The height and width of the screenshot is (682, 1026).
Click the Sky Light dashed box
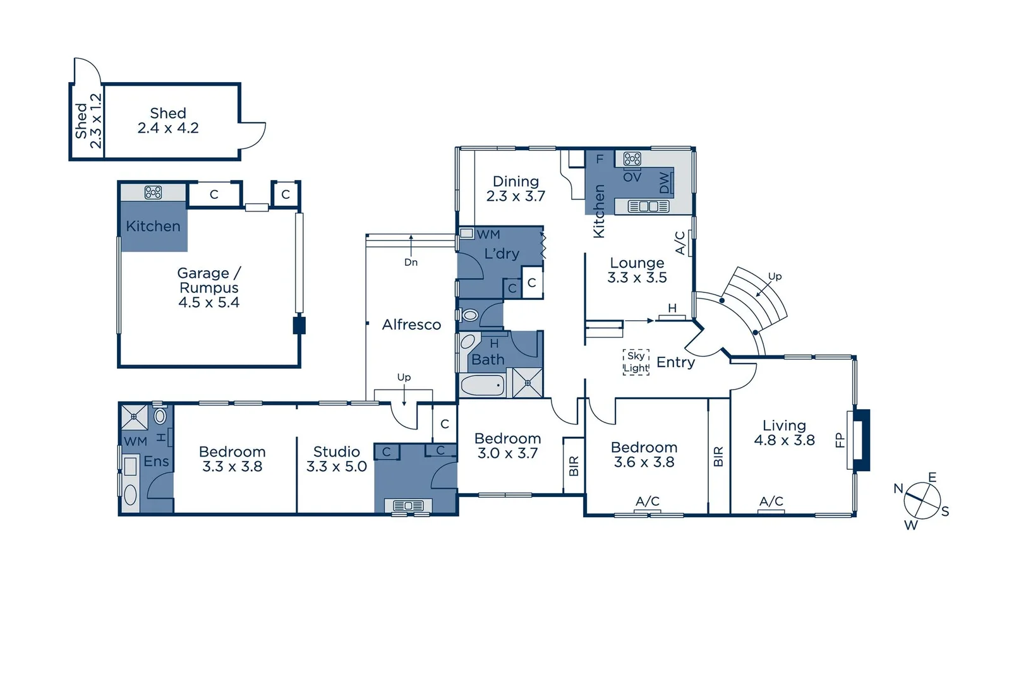[x=636, y=362]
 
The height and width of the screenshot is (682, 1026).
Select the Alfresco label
[x=411, y=325]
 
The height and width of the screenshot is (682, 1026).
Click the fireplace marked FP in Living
[x=860, y=440]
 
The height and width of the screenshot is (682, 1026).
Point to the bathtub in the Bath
[x=482, y=385]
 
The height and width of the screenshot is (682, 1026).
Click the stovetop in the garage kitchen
[x=153, y=192]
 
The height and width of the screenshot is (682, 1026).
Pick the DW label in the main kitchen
[x=664, y=182]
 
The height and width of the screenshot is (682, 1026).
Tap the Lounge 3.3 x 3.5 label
[x=637, y=270]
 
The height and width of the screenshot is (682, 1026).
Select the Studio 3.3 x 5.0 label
[x=336, y=459]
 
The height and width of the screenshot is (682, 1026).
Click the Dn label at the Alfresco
[x=411, y=262]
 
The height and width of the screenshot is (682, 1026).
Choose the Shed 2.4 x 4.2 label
[x=168, y=121]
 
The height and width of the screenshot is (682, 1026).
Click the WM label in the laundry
[x=488, y=234]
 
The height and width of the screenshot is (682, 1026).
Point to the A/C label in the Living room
[x=771, y=501]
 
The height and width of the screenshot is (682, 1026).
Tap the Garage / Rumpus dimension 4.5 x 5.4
[x=208, y=302]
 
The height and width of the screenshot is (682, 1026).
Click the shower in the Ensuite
[x=134, y=417]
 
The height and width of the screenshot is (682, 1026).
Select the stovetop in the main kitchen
[x=632, y=159]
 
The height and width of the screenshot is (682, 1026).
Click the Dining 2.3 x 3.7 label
[x=516, y=189]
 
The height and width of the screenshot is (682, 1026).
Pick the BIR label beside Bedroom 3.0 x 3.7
[x=574, y=466]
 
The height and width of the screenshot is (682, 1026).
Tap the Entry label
[x=675, y=362]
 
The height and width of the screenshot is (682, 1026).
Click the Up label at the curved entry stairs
[x=775, y=277]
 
